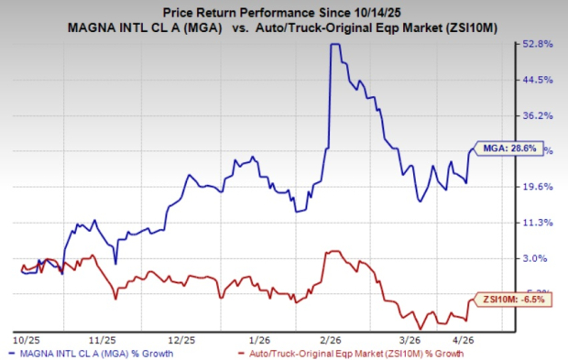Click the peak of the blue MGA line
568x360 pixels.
click(x=334, y=45)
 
